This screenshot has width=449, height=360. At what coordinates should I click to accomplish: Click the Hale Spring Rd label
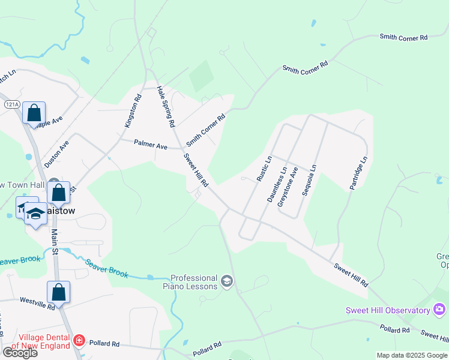point(165,106)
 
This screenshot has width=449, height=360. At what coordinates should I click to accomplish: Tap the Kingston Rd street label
point(132,110)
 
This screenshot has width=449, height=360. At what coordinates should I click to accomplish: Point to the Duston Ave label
point(57,154)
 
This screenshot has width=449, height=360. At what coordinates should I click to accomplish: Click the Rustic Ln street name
point(264,169)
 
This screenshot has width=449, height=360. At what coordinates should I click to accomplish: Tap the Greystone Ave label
point(288,187)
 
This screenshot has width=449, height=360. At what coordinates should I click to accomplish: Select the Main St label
point(54,242)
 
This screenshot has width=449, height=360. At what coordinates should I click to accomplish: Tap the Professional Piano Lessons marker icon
point(227,281)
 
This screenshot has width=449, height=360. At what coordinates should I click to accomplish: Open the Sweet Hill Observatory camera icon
point(439,310)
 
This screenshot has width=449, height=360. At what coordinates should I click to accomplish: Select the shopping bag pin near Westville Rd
point(58,293)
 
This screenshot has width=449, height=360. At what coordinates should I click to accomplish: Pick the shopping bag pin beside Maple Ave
point(34,113)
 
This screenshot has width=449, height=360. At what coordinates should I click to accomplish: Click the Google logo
point(20,353)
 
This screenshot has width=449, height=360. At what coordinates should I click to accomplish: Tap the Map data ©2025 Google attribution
point(412,355)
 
